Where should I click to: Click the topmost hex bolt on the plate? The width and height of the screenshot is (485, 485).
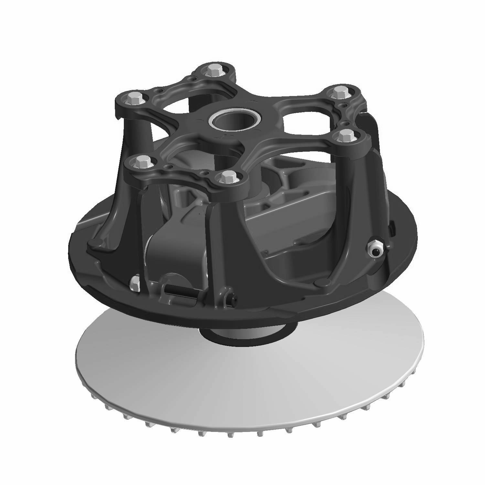point(212,70)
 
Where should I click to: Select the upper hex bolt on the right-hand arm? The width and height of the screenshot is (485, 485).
point(338,92)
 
